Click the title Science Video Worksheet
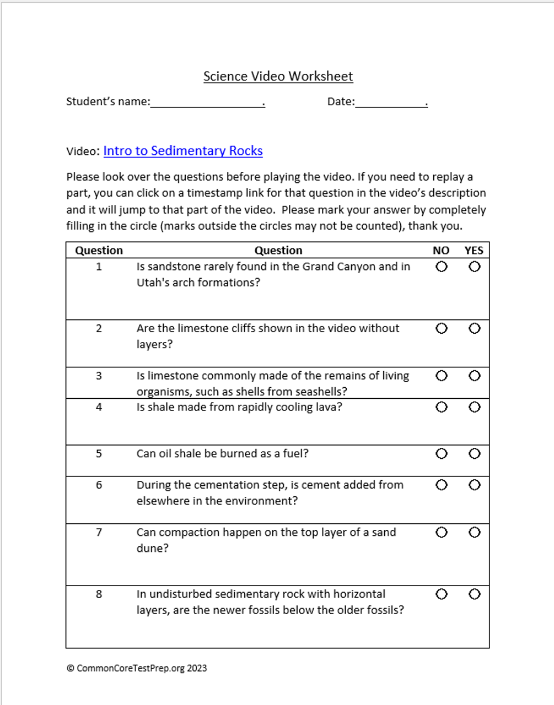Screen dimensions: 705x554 pos(278,77)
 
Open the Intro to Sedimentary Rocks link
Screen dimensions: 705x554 pos(183,151)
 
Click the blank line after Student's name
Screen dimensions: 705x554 pos(207,102)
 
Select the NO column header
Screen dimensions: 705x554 pos(441,251)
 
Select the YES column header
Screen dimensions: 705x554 pos(474,251)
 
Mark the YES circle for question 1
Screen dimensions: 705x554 pos(475,267)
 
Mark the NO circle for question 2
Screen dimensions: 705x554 pos(442,328)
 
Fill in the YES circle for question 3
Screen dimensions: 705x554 pos(475,376)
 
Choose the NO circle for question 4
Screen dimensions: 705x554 pos(442,407)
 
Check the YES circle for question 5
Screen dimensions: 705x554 pos(475,453)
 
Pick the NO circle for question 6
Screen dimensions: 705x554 pos(442,485)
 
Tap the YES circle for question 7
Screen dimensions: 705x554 pos(475,532)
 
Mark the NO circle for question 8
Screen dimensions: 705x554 pos(442,594)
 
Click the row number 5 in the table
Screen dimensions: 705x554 pos(99,454)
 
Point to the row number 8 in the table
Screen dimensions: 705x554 pos(99,594)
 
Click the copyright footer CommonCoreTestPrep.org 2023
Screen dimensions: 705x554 pos(137,668)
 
